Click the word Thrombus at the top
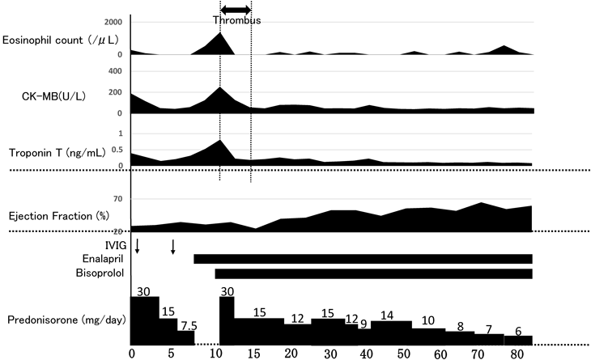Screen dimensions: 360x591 237,20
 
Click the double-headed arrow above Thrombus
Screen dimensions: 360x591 236,9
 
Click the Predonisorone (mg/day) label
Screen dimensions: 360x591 65,320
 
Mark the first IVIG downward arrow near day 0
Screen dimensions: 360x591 138,245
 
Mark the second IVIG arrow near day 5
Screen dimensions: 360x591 173,245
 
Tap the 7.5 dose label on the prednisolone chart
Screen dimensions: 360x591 187,325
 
